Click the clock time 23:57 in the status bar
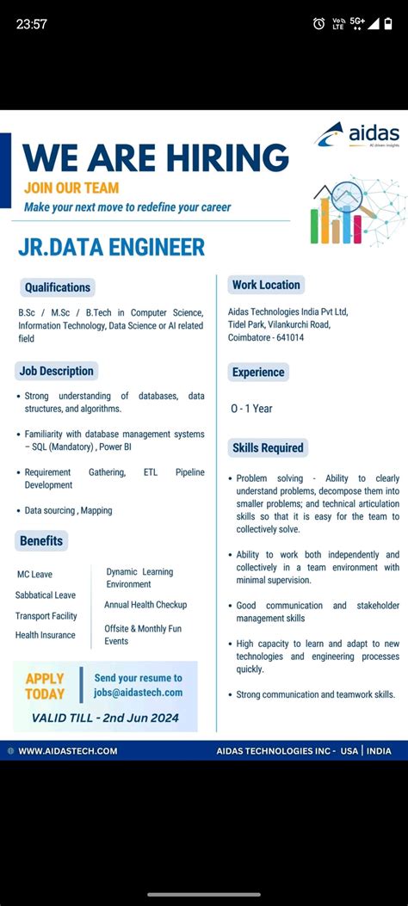click(x=31, y=24)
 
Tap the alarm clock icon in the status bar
click(x=319, y=23)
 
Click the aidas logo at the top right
click(x=356, y=134)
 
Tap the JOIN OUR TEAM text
click(x=71, y=188)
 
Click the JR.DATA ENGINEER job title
click(x=111, y=248)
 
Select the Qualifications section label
click(x=57, y=287)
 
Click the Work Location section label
click(x=266, y=285)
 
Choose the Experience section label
click(x=257, y=373)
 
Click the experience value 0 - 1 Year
click(x=251, y=409)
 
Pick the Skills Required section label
click(x=268, y=447)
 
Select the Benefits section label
click(x=41, y=540)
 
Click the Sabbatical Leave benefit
click(x=46, y=595)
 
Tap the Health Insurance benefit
click(x=46, y=635)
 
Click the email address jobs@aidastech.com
click(x=139, y=692)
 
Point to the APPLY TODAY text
click(x=45, y=686)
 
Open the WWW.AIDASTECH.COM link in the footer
click(x=67, y=751)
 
